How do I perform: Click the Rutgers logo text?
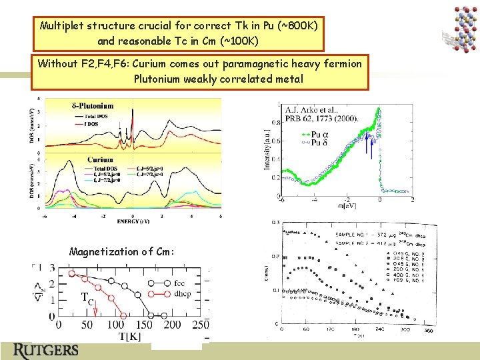coord(47,350)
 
